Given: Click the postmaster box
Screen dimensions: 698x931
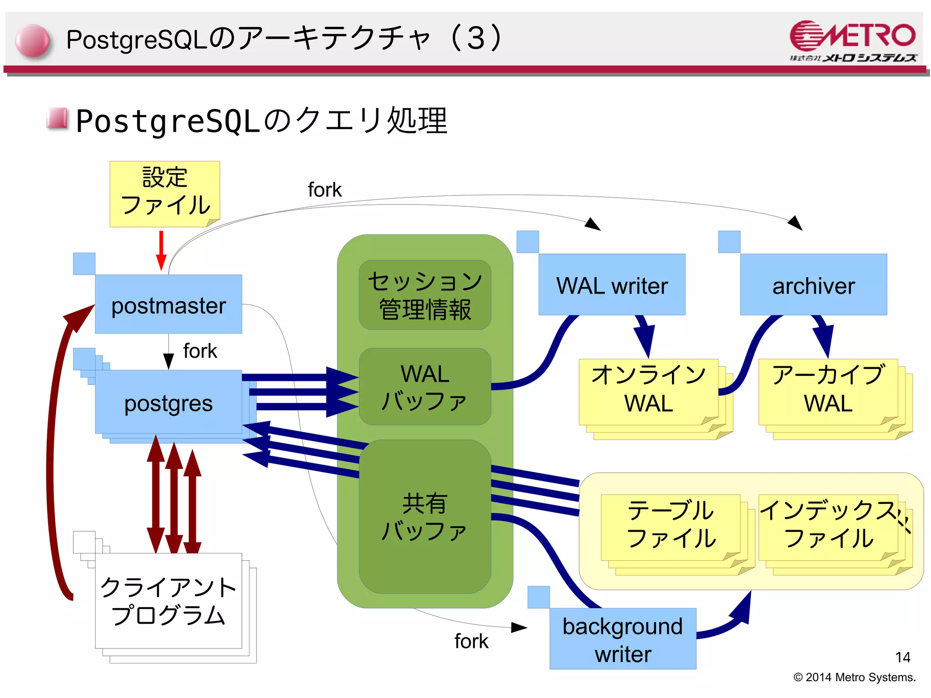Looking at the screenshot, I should (x=168, y=304).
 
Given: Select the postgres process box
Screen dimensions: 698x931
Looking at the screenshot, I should (x=168, y=402).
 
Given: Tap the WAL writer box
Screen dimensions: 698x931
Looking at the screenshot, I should (x=612, y=285).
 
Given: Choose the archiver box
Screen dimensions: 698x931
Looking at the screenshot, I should (x=813, y=285).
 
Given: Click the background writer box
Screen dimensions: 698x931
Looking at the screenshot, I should (x=623, y=639).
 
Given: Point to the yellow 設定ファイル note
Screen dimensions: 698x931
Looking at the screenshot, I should (x=165, y=193).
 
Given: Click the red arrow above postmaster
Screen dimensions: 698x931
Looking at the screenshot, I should (x=161, y=250).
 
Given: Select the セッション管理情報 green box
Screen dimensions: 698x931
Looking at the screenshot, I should (x=425, y=295).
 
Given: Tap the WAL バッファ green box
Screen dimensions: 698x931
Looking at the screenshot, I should (x=425, y=387).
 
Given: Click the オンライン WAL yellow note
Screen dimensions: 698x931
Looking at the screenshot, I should (x=648, y=391).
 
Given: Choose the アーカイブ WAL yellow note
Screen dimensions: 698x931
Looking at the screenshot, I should (x=828, y=391).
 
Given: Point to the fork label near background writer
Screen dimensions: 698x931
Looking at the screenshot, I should (x=471, y=641).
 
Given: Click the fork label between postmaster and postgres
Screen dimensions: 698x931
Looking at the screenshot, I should (x=200, y=351).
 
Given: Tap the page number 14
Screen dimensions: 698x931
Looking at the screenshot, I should (x=902, y=657).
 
